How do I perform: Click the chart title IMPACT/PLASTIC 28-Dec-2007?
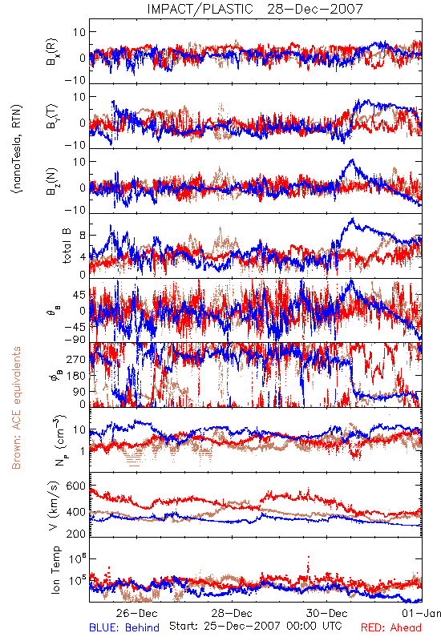(x=255, y=9)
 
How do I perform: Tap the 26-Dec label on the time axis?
(x=136, y=613)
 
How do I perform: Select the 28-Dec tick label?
(x=232, y=613)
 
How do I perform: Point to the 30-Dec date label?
(x=327, y=613)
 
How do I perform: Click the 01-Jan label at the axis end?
(x=421, y=613)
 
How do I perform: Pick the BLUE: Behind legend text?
(x=124, y=627)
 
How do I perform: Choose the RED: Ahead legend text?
(x=391, y=627)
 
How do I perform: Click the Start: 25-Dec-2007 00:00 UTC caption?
(x=256, y=626)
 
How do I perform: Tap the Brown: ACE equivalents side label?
(x=16, y=408)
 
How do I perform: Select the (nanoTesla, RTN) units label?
(x=17, y=149)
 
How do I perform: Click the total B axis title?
(x=67, y=246)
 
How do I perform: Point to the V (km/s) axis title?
(x=54, y=506)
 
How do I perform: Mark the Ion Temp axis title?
(x=55, y=570)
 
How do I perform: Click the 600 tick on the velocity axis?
(x=75, y=486)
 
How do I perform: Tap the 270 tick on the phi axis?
(x=76, y=359)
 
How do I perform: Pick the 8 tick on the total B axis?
(x=83, y=236)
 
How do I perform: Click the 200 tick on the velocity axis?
(x=75, y=534)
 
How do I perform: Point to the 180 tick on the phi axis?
(x=76, y=376)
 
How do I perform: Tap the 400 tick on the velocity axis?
(x=75, y=511)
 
